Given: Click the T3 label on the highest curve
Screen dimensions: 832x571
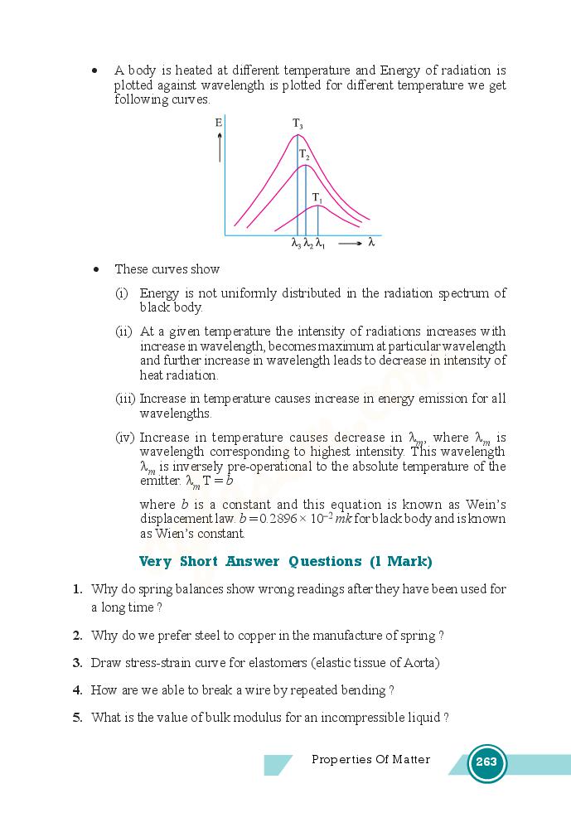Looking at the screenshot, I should click(x=298, y=124).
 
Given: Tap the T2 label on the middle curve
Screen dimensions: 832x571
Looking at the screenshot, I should click(x=304, y=154).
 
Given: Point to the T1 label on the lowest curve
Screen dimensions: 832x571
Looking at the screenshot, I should click(x=317, y=197).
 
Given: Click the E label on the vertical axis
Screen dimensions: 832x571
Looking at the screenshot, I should click(x=219, y=123).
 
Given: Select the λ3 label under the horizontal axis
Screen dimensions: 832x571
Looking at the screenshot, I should click(x=296, y=244).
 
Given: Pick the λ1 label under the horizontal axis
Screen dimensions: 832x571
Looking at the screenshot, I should click(x=320, y=244).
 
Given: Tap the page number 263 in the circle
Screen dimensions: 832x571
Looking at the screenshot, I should click(x=486, y=762).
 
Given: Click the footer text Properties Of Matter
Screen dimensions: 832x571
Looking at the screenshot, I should click(x=370, y=759).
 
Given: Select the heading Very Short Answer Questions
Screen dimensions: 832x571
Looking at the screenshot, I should click(x=285, y=561).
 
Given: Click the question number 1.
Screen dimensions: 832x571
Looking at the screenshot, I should click(x=76, y=589).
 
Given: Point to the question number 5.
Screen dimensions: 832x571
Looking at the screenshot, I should click(x=76, y=718).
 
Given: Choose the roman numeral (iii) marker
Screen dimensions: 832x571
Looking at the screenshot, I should click(x=125, y=399).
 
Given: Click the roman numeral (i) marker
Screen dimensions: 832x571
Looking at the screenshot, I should click(x=122, y=293).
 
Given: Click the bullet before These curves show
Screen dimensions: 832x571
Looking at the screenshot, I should click(x=97, y=269).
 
